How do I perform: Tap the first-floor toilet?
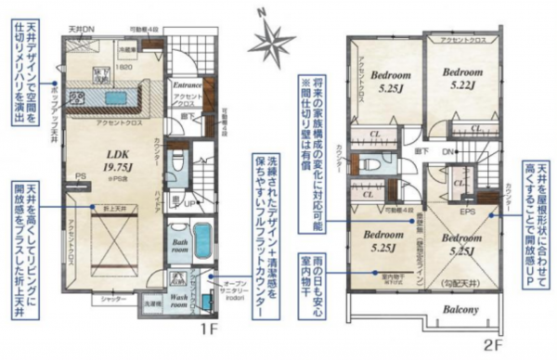[178, 160]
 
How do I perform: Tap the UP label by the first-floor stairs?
[188, 203]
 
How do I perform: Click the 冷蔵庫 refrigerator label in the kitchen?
[129, 45]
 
